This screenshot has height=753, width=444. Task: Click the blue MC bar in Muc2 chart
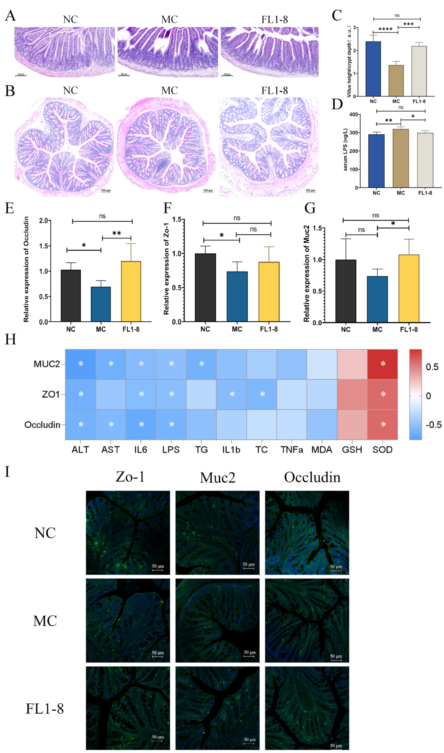pos(377,299)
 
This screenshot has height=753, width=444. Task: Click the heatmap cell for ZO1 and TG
pos(201,394)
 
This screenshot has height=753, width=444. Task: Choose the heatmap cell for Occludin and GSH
pos(352,425)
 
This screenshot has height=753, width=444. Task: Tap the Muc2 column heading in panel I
pos(218,478)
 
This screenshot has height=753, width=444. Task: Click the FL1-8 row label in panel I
pos(45,709)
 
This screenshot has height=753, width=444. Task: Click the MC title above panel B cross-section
pos(169,90)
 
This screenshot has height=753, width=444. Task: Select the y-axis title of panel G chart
pos(306,274)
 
